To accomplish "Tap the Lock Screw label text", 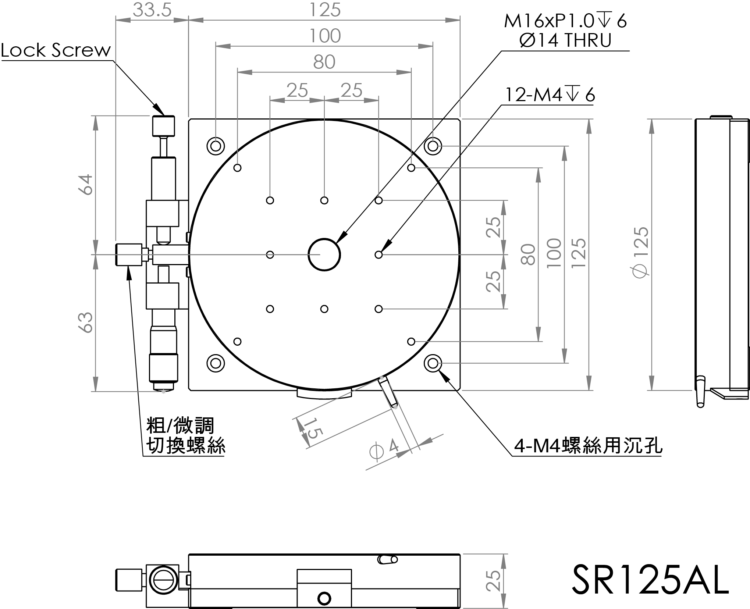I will coord(56,50).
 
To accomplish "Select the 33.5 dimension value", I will coord(152,10).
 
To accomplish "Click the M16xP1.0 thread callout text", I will coord(565,21).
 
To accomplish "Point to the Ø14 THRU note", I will coord(565,40).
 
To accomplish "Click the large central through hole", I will coord(324,254).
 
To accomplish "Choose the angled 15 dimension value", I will coord(312,428).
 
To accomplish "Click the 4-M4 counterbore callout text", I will coord(588,446).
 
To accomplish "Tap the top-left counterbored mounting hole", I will coord(216,146).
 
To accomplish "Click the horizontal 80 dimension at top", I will coord(324,62).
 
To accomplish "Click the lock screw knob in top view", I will coord(163,125).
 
